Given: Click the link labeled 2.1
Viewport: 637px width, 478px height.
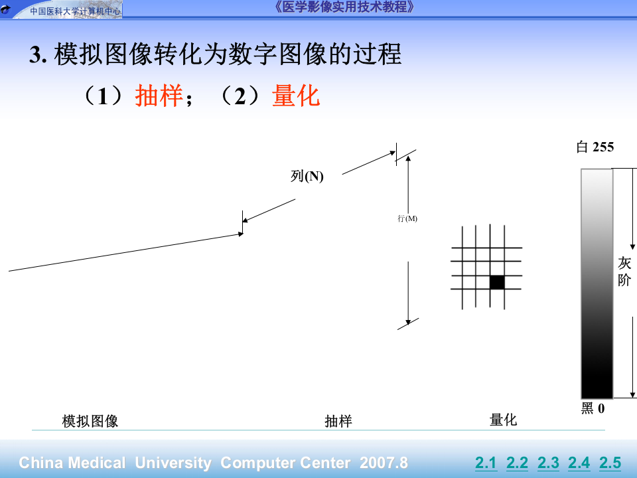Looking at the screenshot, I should (x=486, y=463).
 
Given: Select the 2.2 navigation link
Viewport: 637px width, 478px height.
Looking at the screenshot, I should (x=517, y=463).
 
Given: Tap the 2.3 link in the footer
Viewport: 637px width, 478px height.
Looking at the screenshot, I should (x=548, y=463).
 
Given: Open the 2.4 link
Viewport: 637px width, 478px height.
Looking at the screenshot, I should (x=579, y=463).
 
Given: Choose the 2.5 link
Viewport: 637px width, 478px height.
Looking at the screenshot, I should (x=610, y=463).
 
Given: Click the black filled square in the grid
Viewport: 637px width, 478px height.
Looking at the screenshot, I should (x=497, y=282).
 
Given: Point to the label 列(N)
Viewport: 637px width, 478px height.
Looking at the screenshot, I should (x=307, y=176).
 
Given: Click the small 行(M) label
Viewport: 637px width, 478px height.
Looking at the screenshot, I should (x=407, y=218).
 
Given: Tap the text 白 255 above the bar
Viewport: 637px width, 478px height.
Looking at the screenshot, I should (x=595, y=147).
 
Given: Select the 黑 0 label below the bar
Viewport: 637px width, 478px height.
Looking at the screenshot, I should (x=593, y=408).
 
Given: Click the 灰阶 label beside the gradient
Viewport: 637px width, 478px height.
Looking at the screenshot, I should (x=624, y=272).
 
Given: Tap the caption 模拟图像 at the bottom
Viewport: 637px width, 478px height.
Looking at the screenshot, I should (x=90, y=421).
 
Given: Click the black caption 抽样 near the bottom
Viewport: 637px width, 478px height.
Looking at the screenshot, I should (x=338, y=421).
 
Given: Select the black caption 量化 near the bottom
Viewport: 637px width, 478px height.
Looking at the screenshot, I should (x=503, y=420).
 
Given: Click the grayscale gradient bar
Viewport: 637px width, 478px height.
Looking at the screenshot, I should (x=597, y=283).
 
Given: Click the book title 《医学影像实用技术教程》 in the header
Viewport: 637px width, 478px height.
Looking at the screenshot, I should (x=344, y=7).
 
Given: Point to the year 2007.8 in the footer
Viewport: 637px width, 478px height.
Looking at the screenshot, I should (x=384, y=463).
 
